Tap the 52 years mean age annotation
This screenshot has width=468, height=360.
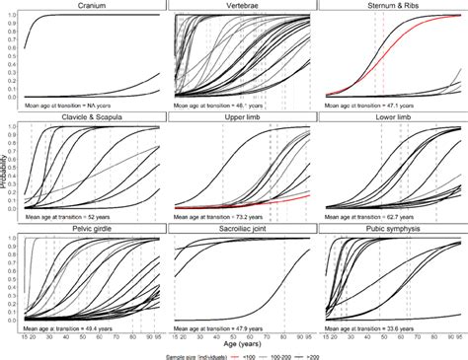tap(69, 212)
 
